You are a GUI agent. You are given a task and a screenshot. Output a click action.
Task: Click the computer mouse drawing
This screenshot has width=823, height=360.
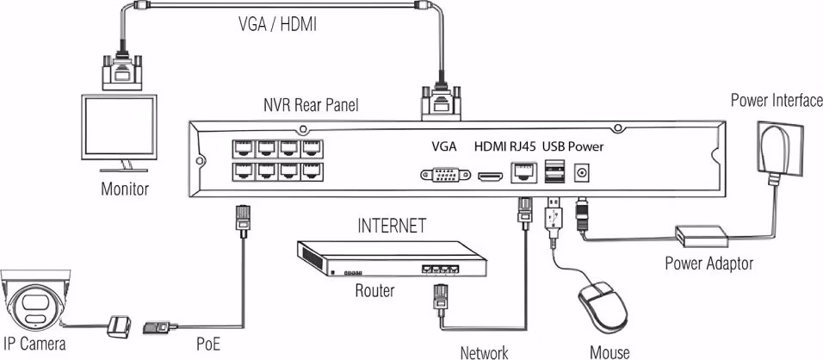click(603, 306)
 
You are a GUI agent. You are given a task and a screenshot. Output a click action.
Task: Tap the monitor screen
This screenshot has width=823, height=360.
click(119, 127)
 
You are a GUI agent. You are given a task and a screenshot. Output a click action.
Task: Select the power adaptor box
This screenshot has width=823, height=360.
click(702, 236)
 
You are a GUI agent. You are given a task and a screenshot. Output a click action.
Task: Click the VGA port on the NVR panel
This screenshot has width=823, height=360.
click(445, 174)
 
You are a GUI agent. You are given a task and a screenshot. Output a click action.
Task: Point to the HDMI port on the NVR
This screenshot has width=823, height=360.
click(490, 177)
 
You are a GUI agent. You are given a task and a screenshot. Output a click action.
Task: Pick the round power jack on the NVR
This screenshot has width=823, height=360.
click(580, 172)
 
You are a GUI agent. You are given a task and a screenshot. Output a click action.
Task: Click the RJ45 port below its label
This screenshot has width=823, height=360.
click(523, 172)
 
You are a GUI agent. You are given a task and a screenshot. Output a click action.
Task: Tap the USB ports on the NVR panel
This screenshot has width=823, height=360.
click(554, 171)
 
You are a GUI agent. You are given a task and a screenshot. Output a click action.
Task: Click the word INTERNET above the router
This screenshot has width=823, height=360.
click(391, 227)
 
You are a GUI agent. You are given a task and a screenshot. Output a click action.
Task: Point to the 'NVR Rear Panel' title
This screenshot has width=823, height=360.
click(311, 105)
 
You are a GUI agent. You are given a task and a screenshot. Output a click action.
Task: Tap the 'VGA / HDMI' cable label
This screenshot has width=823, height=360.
click(277, 25)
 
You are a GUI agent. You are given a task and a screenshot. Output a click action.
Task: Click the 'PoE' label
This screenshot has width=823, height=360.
click(207, 344)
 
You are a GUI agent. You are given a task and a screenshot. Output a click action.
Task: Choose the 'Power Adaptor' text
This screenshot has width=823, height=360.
click(709, 263)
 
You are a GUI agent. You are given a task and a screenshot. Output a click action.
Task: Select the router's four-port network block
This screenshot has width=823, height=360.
click(436, 268)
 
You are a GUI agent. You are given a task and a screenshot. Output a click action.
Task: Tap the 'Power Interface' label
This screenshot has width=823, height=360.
click(777, 100)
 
